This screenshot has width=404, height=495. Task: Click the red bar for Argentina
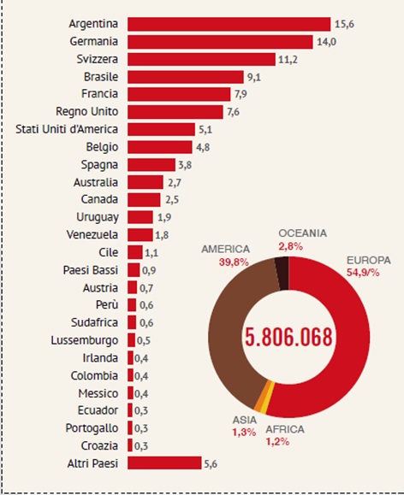click(x=229, y=24)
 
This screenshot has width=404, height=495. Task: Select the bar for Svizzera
click(x=201, y=59)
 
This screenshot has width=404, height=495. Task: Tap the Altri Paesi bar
click(x=164, y=463)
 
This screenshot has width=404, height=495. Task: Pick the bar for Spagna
click(x=151, y=165)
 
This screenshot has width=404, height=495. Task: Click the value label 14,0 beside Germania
click(x=327, y=42)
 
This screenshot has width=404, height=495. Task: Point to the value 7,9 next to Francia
click(x=241, y=94)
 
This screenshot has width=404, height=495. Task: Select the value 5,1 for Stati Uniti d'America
click(x=205, y=130)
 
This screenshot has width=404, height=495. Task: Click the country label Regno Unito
click(x=87, y=112)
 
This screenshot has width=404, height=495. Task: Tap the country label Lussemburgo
click(x=85, y=340)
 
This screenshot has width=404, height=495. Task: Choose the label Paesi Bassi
click(x=91, y=270)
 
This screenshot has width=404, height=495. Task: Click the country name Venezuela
click(x=92, y=235)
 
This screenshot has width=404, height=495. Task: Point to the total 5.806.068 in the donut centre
click(x=289, y=337)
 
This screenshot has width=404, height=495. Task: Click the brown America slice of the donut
click(x=234, y=332)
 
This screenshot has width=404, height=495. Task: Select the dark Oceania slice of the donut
click(x=282, y=274)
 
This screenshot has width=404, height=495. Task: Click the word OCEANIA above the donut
click(x=302, y=233)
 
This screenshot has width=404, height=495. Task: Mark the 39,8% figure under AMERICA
click(x=234, y=262)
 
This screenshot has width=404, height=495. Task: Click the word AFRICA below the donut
click(x=285, y=429)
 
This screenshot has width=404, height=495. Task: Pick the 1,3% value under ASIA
click(x=244, y=433)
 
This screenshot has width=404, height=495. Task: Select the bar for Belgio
click(x=160, y=147)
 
